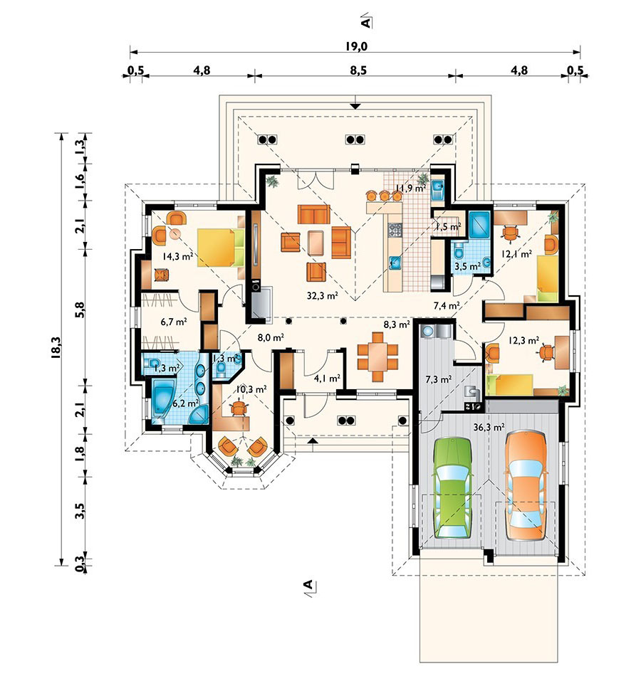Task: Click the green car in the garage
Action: (452, 488)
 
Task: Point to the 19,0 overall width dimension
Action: (355, 46)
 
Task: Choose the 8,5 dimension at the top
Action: (358, 70)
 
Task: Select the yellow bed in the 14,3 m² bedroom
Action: (221, 248)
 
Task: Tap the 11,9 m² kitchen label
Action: (410, 188)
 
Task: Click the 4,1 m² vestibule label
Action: (327, 379)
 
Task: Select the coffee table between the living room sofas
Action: (316, 243)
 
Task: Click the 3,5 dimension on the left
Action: (80, 510)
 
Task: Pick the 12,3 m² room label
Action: (523, 341)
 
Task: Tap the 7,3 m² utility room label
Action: (439, 380)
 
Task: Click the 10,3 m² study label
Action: (251, 389)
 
